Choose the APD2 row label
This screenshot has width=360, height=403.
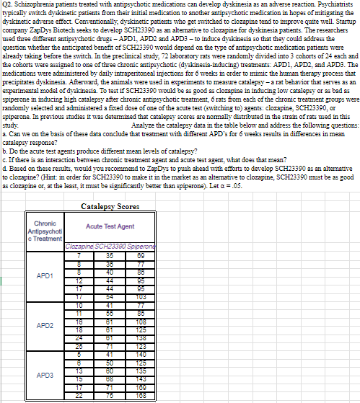coord(43,324)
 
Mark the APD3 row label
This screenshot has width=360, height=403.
coord(43,375)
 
